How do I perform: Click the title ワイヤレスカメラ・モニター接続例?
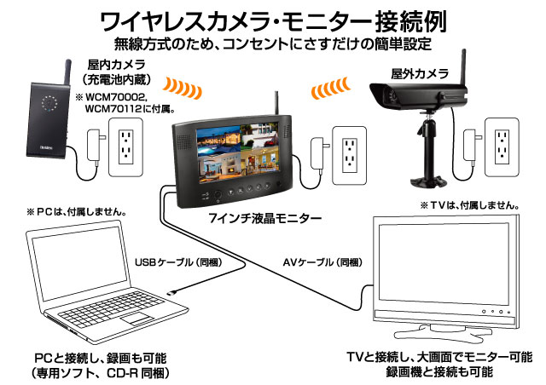(x=273, y=19)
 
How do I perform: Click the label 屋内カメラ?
(x=116, y=64)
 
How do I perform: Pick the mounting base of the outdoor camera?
(x=425, y=175)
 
